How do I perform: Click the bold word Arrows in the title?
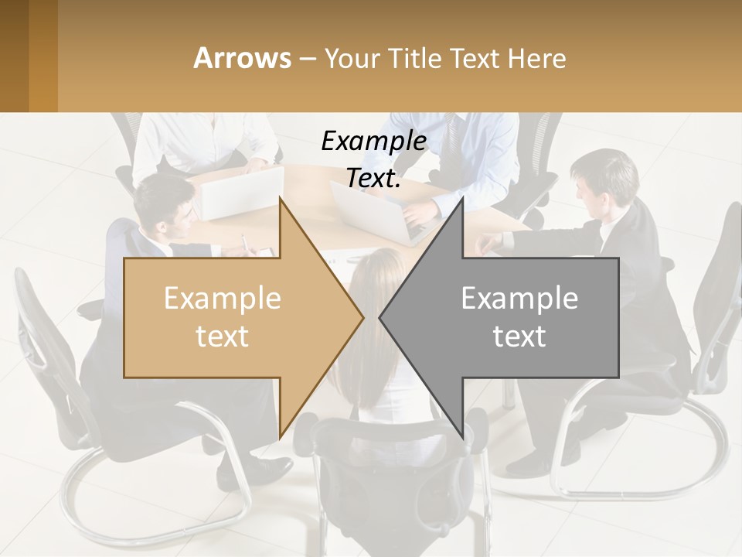pos(242,58)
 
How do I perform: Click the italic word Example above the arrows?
pos(373,142)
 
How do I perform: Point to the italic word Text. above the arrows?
pos(373,179)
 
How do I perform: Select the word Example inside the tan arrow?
pos(222,299)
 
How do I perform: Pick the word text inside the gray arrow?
pos(519,337)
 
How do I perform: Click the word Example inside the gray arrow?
pos(519,299)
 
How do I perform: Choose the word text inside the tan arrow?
pos(222,337)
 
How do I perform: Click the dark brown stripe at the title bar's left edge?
pos(14,56)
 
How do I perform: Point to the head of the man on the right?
pos(604,178)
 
